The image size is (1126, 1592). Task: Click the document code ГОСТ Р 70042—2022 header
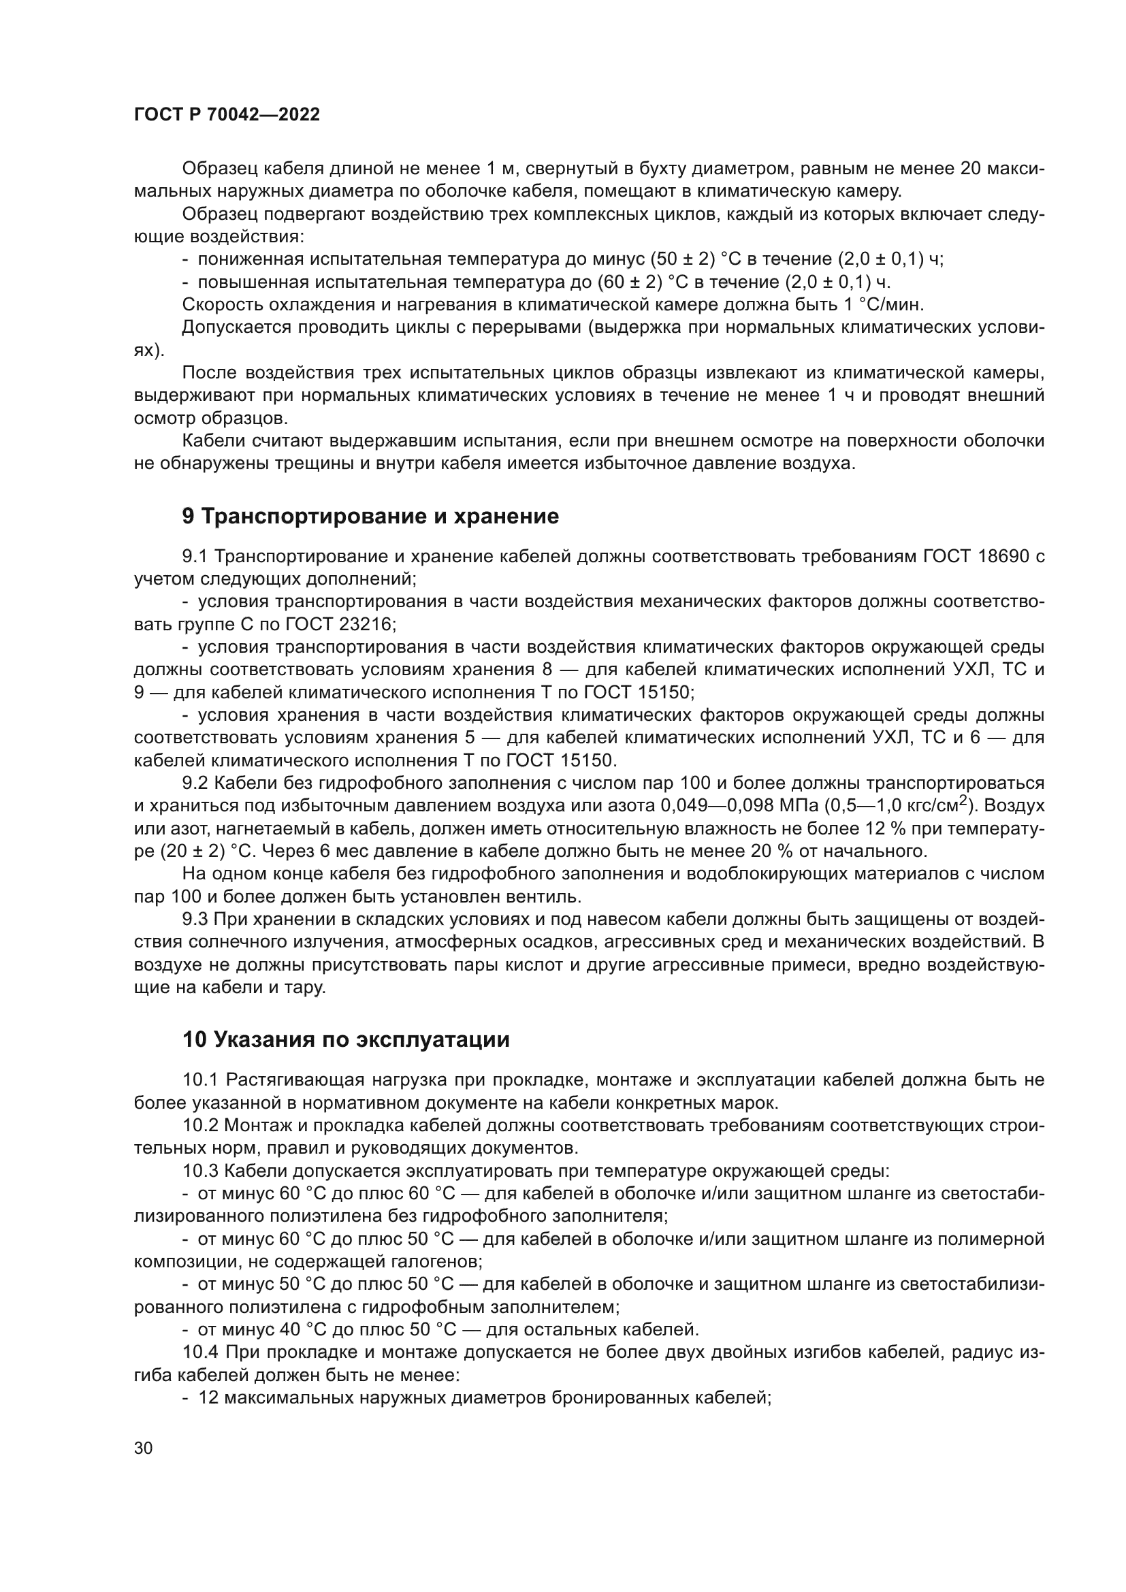(227, 115)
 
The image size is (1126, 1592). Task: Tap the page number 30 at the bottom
(143, 1448)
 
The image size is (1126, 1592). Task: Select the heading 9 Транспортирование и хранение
(370, 517)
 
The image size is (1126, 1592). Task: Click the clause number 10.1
(200, 1079)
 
